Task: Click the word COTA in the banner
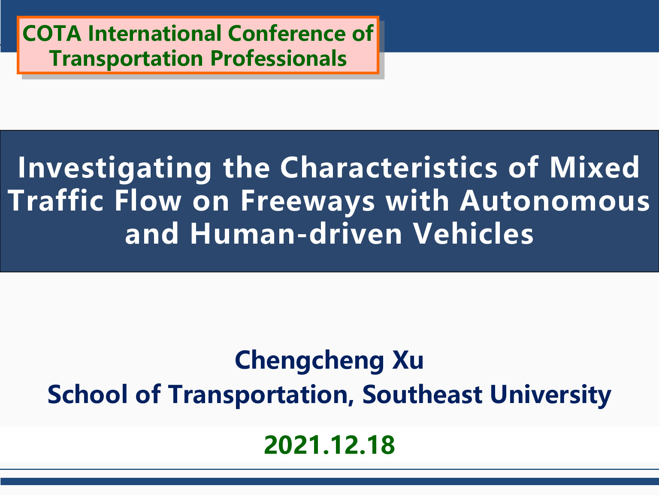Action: pyautogui.click(x=52, y=33)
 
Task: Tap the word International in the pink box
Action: pyautogui.click(x=154, y=33)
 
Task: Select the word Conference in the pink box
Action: pyautogui.click(x=287, y=33)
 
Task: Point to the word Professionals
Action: pyautogui.click(x=278, y=58)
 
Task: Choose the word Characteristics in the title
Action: pyautogui.click(x=389, y=168)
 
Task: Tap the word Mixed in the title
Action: pyautogui.click(x=595, y=168)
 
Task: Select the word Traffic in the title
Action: pyautogui.click(x=55, y=201)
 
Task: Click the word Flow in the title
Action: pyautogui.click(x=148, y=201)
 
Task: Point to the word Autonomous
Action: pyautogui.click(x=554, y=201)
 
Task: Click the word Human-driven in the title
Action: pyautogui.click(x=296, y=233)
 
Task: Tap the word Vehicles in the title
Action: pyautogui.click(x=474, y=233)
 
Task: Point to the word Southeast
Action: pyautogui.click(x=423, y=394)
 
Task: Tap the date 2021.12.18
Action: pyautogui.click(x=329, y=445)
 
